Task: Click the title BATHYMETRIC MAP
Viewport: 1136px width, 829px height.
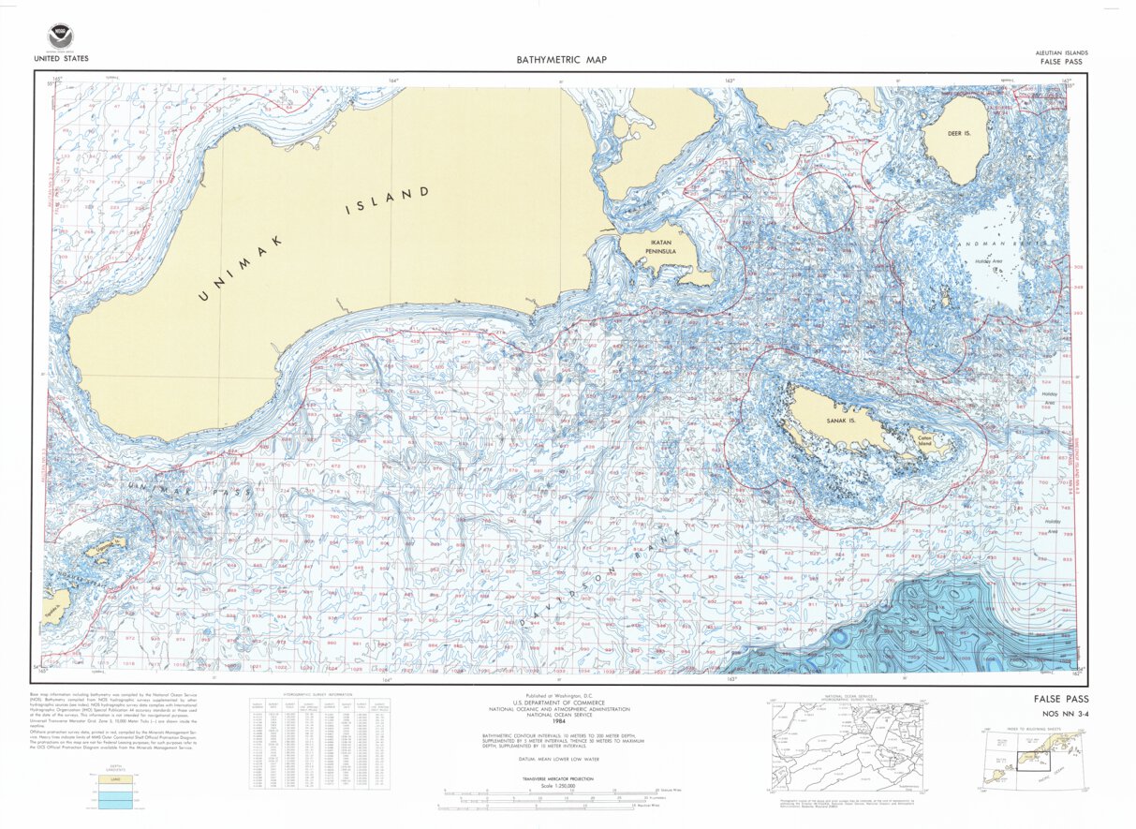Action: pos(561,60)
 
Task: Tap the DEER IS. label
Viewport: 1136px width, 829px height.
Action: pos(955,132)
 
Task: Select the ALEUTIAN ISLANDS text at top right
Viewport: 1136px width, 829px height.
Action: pos(1062,52)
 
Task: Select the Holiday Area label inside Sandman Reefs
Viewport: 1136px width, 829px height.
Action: pos(988,261)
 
